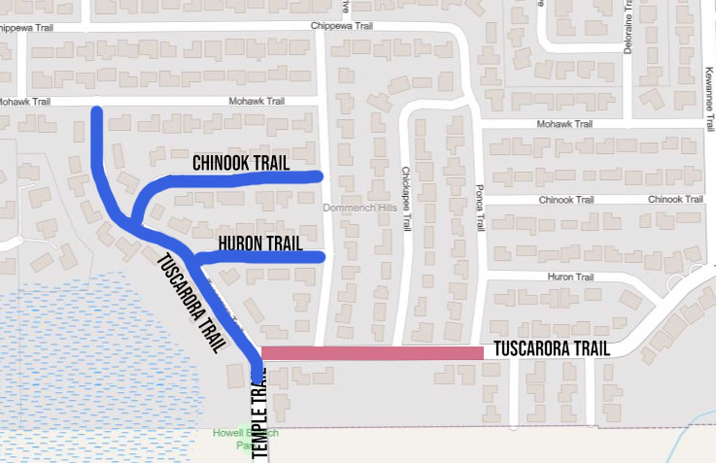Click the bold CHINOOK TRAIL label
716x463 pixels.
(241, 163)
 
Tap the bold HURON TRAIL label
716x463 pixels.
(260, 244)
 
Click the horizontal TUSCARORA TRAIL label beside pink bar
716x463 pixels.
(551, 349)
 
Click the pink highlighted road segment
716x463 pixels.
(372, 353)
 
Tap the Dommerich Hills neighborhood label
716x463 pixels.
(360, 208)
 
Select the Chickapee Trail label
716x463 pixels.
(406, 199)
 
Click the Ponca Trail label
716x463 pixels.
(480, 208)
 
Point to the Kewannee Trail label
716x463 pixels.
(709, 99)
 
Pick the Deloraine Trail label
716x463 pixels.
(628, 27)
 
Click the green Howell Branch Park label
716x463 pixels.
(246, 439)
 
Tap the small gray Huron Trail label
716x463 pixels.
(570, 277)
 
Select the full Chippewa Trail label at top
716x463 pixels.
(341, 26)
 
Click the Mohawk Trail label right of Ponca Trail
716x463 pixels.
(564, 124)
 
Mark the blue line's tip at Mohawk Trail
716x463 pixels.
(97, 111)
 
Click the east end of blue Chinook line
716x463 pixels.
(318, 176)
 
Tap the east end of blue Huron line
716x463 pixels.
(320, 257)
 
